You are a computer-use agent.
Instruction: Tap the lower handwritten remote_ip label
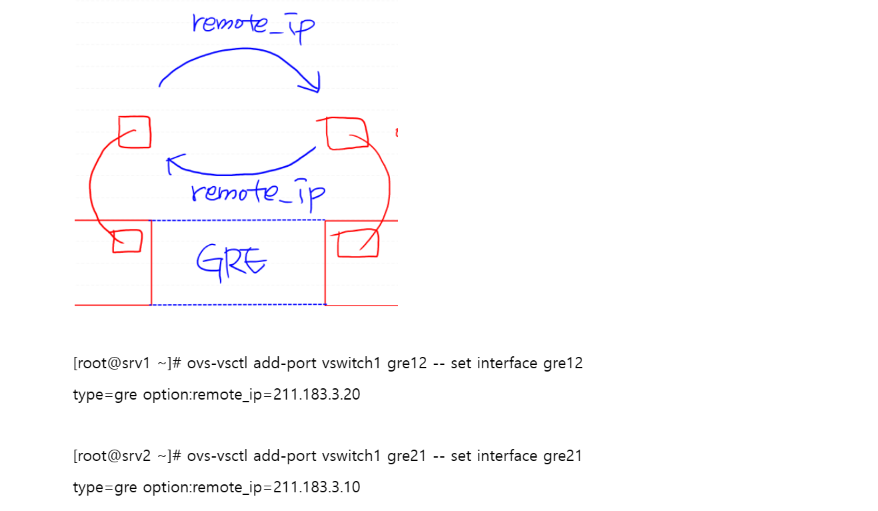pos(257,193)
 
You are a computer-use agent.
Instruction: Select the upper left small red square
pos(135,131)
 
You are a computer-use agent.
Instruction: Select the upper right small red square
pos(347,133)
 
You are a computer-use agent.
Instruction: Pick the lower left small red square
pos(127,241)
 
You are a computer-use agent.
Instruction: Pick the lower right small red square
pos(358,243)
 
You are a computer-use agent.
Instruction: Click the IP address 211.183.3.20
pos(317,394)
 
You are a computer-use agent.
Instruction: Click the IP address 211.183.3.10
pos(317,487)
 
